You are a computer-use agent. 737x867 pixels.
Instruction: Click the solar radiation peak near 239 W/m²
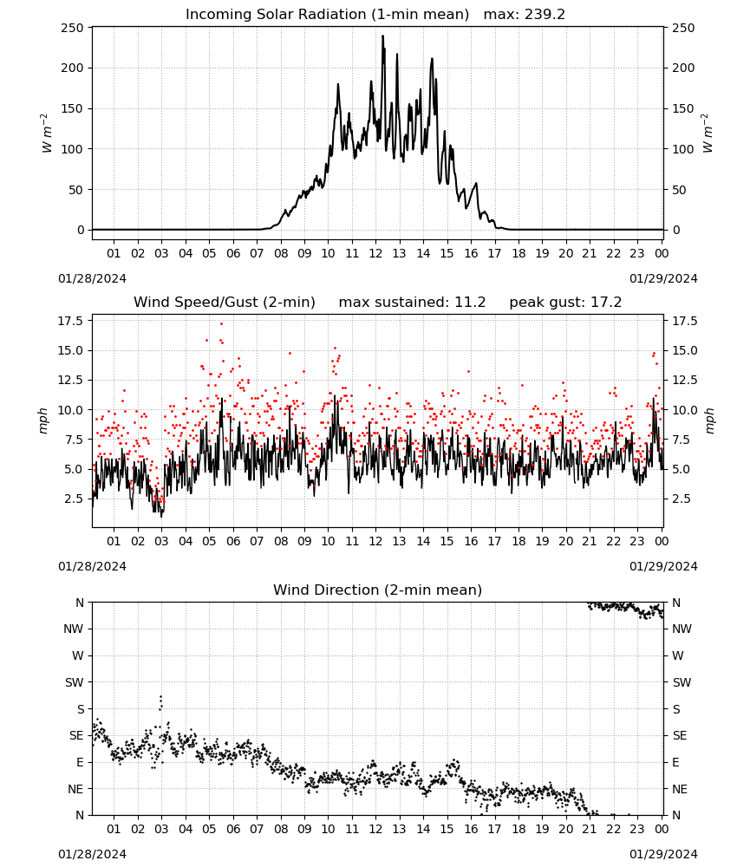point(382,36)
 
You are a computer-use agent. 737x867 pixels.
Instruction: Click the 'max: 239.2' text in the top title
point(525,15)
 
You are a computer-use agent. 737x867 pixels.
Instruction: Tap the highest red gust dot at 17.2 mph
point(222,323)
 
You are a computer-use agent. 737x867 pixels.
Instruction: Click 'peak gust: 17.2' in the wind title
point(565,303)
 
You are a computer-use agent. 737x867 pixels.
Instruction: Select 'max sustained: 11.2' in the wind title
point(412,303)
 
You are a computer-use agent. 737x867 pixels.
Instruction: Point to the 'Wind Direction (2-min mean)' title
point(378,590)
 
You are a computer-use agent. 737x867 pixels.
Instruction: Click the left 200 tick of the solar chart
point(73,68)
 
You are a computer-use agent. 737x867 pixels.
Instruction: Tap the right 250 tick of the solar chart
point(683,28)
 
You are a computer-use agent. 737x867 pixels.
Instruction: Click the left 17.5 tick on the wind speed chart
point(71,322)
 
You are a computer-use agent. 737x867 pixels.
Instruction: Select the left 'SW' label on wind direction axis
point(75,682)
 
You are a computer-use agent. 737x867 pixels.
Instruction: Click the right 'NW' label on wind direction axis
point(682,629)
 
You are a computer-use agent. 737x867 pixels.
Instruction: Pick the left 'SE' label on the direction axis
point(76,735)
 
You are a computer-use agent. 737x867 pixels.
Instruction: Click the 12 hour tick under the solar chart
point(375,254)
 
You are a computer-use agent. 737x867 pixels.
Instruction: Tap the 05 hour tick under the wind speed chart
point(209,541)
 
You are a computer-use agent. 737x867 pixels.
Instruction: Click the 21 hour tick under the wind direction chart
point(590,829)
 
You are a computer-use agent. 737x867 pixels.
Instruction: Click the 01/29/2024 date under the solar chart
point(663,278)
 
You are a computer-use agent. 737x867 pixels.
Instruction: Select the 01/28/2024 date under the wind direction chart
point(92,854)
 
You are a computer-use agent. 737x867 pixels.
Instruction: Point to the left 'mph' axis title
point(43,420)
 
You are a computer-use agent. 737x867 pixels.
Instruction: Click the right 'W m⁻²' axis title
point(708,134)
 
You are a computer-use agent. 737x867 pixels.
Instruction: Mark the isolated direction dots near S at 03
point(161,703)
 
